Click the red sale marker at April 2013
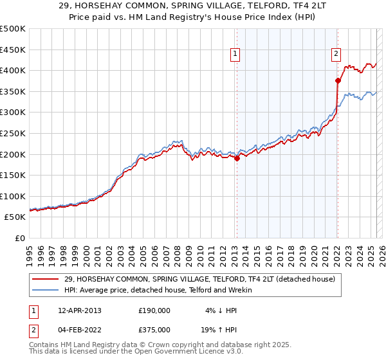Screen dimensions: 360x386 (x=237, y=158)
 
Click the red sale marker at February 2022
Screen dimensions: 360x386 (x=337, y=80)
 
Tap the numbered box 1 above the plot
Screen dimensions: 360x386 (x=236, y=55)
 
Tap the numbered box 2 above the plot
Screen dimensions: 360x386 (x=336, y=55)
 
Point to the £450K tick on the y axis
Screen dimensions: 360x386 (x=13, y=50)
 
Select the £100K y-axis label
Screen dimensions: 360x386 (x=13, y=196)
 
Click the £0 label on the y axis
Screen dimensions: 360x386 (x=19, y=238)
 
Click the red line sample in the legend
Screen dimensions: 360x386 (x=46, y=280)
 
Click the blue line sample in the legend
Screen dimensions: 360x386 (x=46, y=290)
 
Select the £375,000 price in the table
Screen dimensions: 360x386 (x=154, y=329)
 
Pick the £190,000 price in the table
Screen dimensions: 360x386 (x=154, y=310)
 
